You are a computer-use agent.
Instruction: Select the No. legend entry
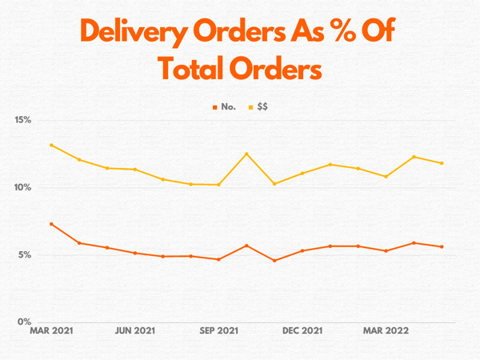[x=224, y=106]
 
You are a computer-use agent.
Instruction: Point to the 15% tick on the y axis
[x=22, y=120]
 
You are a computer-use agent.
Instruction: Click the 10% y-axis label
[x=22, y=187]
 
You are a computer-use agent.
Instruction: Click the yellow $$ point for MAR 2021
[x=51, y=145]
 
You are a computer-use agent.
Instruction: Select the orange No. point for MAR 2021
[x=51, y=224]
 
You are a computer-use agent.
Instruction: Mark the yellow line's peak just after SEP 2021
[x=246, y=154]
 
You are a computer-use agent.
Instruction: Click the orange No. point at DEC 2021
[x=302, y=250]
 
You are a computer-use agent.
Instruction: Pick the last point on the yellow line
[x=442, y=163]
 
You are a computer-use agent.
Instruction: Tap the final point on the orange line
[x=442, y=246]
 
